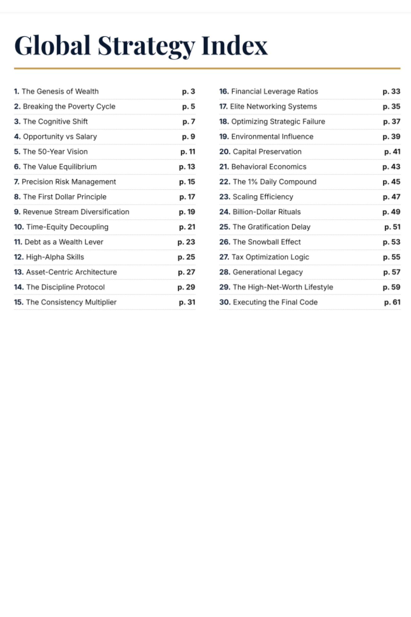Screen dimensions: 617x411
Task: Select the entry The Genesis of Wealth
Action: (60, 91)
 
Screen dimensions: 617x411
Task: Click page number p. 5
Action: (188, 106)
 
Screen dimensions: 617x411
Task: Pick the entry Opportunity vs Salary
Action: (60, 136)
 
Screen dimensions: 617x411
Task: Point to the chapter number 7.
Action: (16, 182)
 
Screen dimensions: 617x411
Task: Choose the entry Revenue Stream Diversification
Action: (76, 212)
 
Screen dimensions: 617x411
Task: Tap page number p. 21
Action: (187, 227)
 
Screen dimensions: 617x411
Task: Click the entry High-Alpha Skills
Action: (55, 257)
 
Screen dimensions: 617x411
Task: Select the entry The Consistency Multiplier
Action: (71, 302)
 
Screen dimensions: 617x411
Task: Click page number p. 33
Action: (391, 91)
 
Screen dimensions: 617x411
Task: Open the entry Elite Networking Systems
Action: (273, 106)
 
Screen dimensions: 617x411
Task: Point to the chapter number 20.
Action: (224, 151)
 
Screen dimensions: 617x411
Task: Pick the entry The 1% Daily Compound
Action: (274, 182)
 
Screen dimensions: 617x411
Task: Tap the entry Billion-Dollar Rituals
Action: (266, 212)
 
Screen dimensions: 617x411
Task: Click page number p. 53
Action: (391, 242)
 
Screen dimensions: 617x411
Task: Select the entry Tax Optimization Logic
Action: (270, 257)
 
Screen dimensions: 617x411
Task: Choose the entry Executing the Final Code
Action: (275, 302)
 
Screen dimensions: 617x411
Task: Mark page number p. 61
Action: (392, 302)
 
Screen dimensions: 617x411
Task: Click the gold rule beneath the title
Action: (207, 68)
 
